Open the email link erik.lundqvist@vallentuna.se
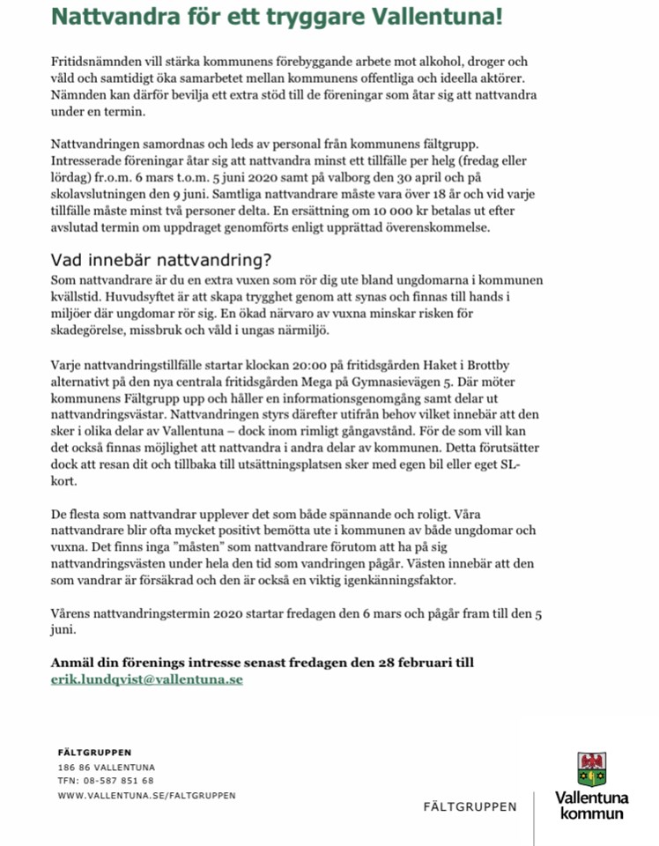click(x=147, y=679)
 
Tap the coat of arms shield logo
click(x=591, y=769)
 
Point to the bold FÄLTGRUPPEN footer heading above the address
click(x=94, y=753)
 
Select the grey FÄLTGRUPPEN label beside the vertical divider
click(x=470, y=806)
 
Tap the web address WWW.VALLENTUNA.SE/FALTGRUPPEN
click(x=146, y=795)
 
